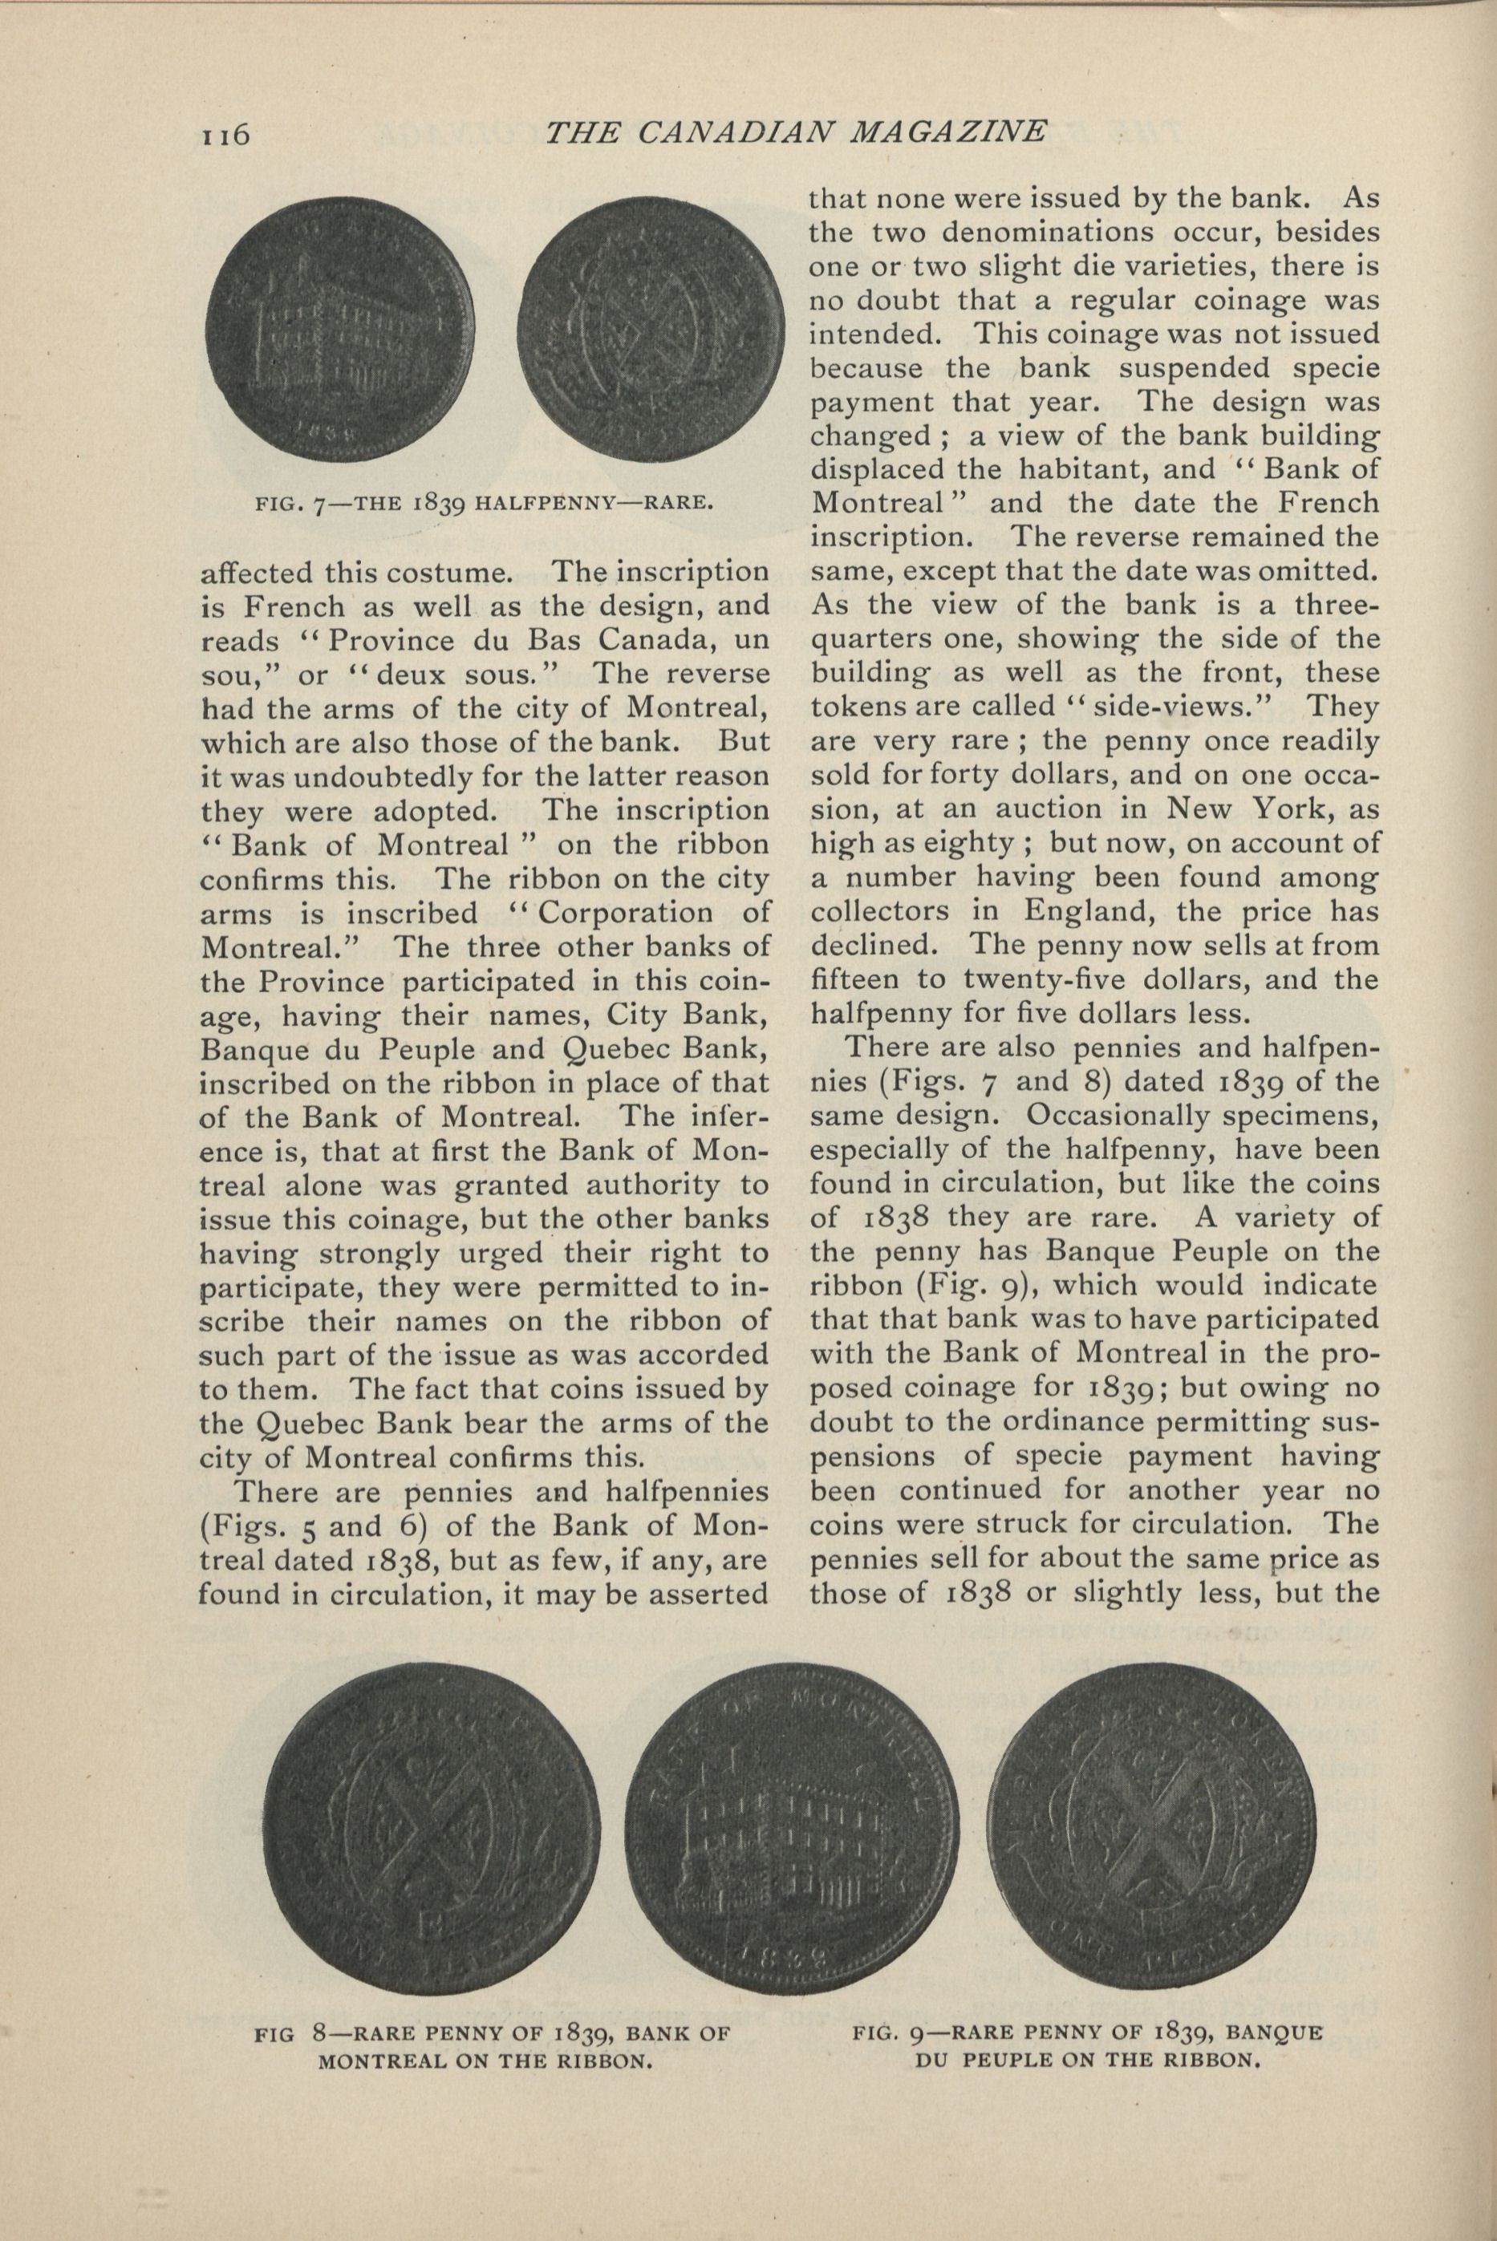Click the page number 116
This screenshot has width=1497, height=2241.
click(225, 135)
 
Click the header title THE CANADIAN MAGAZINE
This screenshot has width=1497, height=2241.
click(795, 132)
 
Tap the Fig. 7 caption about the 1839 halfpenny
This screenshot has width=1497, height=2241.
click(484, 503)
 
